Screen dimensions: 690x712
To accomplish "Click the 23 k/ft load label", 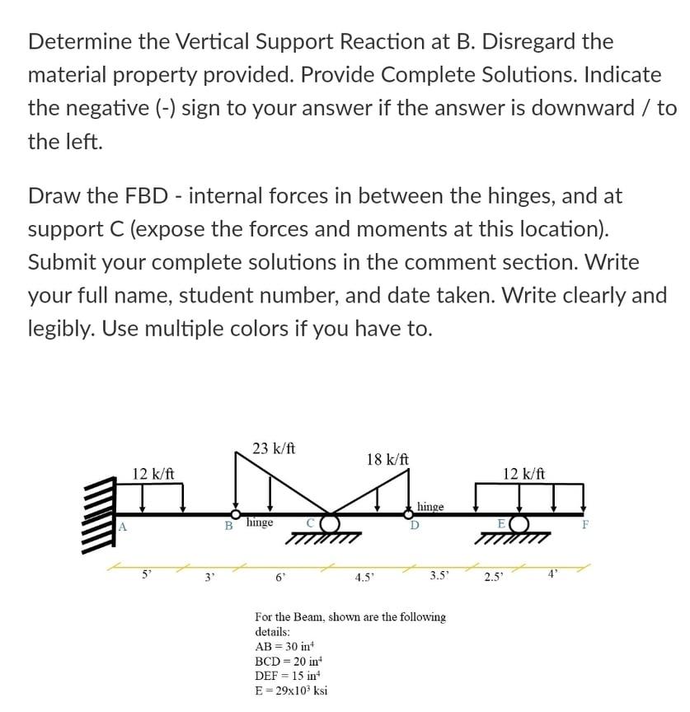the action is (x=275, y=449).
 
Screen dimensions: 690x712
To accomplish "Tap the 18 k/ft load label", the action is (x=388, y=459).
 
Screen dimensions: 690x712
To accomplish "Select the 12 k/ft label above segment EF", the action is (x=523, y=474).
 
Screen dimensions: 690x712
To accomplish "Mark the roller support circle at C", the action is (x=330, y=523).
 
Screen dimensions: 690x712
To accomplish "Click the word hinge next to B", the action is (x=260, y=522).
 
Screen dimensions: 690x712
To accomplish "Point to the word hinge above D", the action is (x=431, y=507).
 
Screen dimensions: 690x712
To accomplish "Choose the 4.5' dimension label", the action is (x=363, y=576).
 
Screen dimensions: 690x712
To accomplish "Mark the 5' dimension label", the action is (x=147, y=574).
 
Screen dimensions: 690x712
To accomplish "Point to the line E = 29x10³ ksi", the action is (x=292, y=690).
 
